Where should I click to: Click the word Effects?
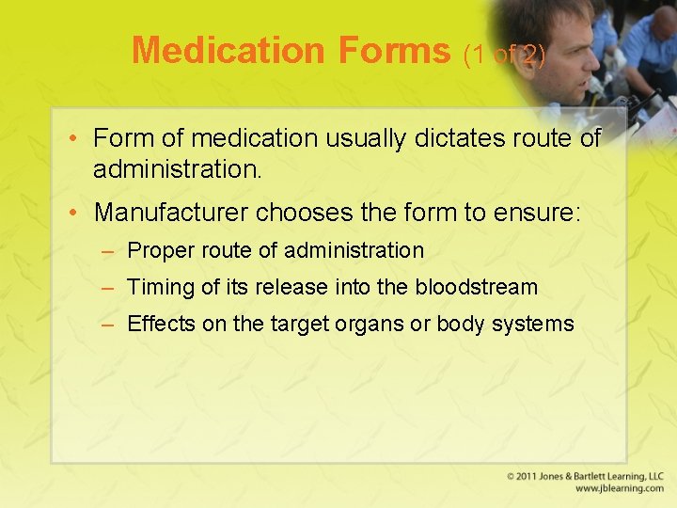click(x=161, y=325)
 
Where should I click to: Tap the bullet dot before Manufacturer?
click(x=76, y=213)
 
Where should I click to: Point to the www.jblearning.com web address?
click(x=619, y=488)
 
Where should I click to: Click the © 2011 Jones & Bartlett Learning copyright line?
click(x=585, y=476)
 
